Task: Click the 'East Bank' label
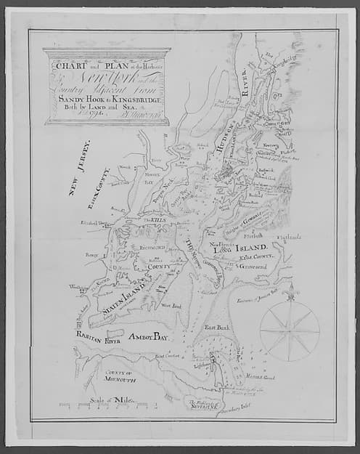pos(216,328)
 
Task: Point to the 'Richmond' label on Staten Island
pos(150,248)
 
